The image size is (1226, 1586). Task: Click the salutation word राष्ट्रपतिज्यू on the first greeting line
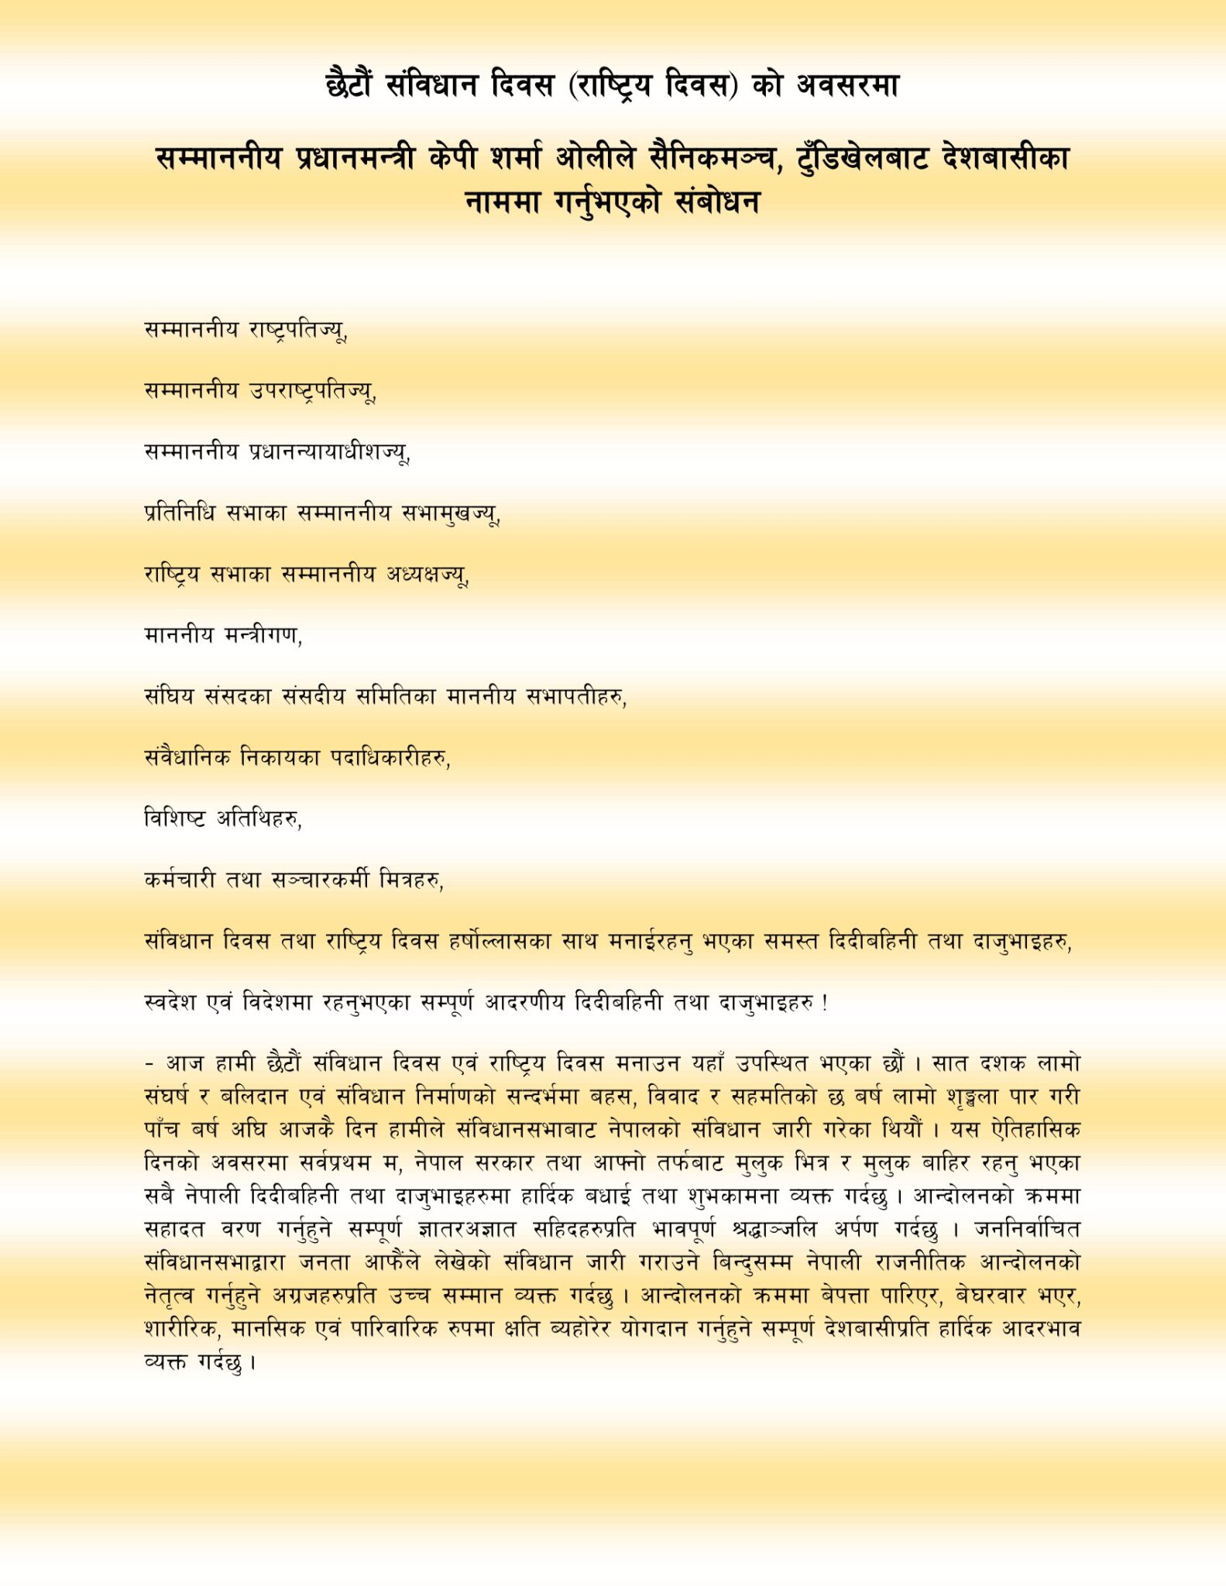(x=297, y=331)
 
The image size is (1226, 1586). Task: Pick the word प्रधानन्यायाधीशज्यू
(x=329, y=453)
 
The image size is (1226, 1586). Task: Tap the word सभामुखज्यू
(x=451, y=513)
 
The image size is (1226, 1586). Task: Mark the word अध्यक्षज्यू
(x=428, y=575)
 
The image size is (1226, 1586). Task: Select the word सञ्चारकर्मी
(x=319, y=881)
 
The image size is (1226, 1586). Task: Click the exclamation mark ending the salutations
(x=825, y=1003)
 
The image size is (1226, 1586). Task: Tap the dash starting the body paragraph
(x=149, y=1064)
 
